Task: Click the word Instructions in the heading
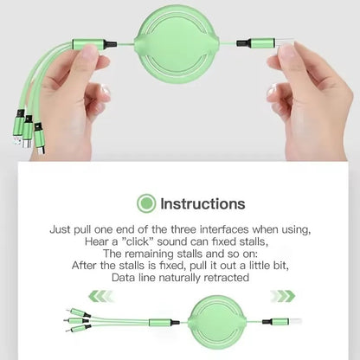pos(202,204)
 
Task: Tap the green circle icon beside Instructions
pos(146,204)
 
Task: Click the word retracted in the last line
pos(226,278)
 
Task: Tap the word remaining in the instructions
pos(159,254)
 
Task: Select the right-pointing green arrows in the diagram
pos(282,296)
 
